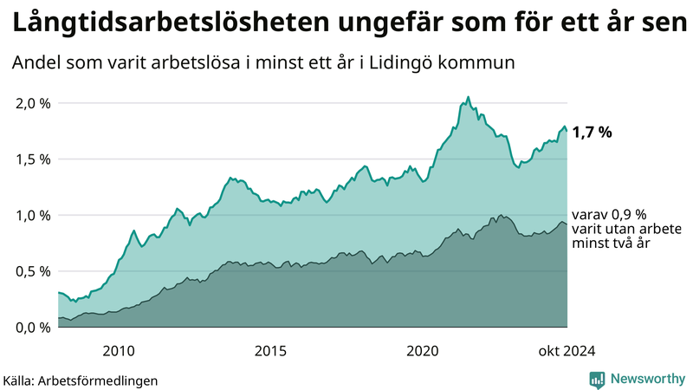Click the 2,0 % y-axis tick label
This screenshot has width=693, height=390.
(33, 103)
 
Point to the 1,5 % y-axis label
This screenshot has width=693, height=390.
(33, 159)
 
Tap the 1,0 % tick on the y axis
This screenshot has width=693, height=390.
(33, 215)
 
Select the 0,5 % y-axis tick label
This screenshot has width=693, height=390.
(33, 271)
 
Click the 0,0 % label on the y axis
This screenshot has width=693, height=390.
(33, 327)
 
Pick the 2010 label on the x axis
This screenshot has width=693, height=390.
(119, 350)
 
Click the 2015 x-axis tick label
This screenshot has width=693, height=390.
(270, 350)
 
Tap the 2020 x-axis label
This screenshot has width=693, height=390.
(423, 350)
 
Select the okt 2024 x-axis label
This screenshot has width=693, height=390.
(567, 350)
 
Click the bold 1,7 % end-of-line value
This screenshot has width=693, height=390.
(593, 133)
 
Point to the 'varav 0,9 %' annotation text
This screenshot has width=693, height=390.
(609, 214)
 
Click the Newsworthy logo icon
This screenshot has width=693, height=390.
(597, 379)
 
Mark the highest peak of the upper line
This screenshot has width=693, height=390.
(468, 97)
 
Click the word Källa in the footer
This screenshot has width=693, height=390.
(22, 380)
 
